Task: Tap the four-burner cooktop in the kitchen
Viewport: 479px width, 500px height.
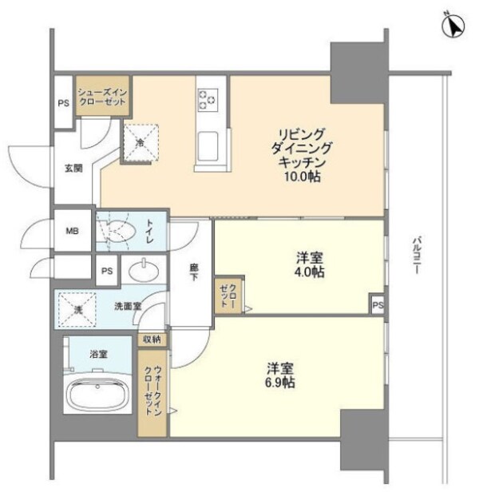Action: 208,99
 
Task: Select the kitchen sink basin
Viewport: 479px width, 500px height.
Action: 209,147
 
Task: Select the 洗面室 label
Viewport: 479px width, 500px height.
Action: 128,306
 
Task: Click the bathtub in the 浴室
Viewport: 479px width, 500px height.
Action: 98,396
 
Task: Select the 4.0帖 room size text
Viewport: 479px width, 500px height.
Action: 308,272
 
